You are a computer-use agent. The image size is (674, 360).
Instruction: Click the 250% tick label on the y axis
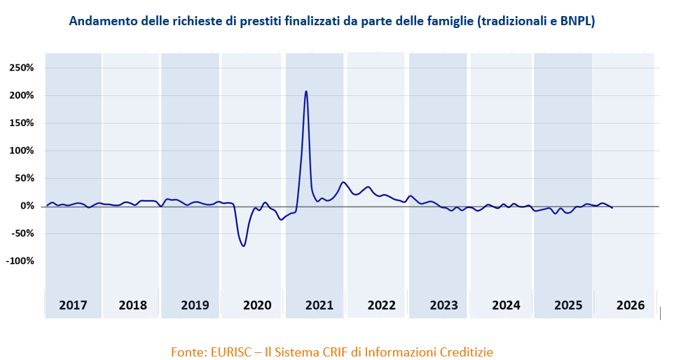click(21, 68)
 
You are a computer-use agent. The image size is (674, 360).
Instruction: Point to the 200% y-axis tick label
click(21, 95)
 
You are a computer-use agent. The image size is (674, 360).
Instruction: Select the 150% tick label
click(21, 123)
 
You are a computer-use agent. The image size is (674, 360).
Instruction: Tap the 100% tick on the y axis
click(21, 151)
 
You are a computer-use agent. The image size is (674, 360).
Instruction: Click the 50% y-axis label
click(23, 178)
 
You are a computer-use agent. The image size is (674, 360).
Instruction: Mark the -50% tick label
click(22, 233)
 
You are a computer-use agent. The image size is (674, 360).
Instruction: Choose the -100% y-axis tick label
click(19, 261)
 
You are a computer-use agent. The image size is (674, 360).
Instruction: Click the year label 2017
click(73, 305)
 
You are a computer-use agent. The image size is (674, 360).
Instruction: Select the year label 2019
click(195, 305)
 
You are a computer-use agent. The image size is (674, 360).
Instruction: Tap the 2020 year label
click(257, 305)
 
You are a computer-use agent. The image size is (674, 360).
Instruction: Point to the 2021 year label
click(319, 305)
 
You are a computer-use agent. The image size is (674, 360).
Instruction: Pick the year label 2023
click(443, 305)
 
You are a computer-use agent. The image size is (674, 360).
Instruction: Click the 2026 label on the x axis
click(631, 305)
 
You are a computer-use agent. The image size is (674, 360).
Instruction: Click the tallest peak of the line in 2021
click(306, 91)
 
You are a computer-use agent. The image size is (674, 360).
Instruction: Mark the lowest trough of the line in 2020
click(243, 245)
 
